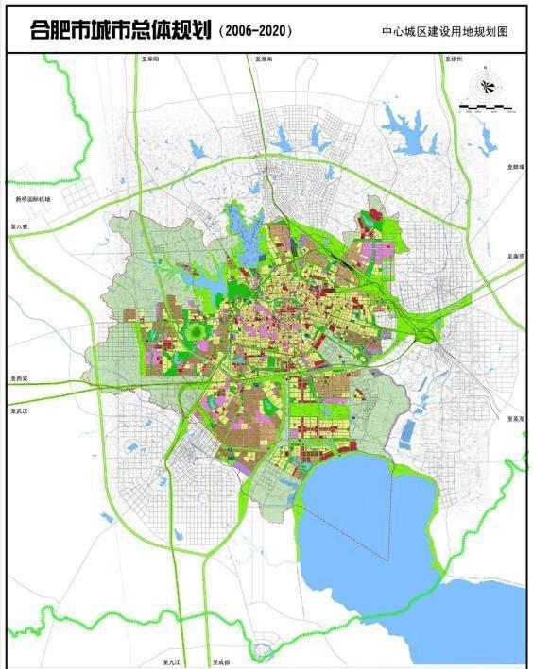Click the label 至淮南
click(263, 59)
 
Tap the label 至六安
click(21, 227)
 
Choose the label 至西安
click(21, 377)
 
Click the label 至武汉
click(21, 411)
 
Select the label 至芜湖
click(515, 418)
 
